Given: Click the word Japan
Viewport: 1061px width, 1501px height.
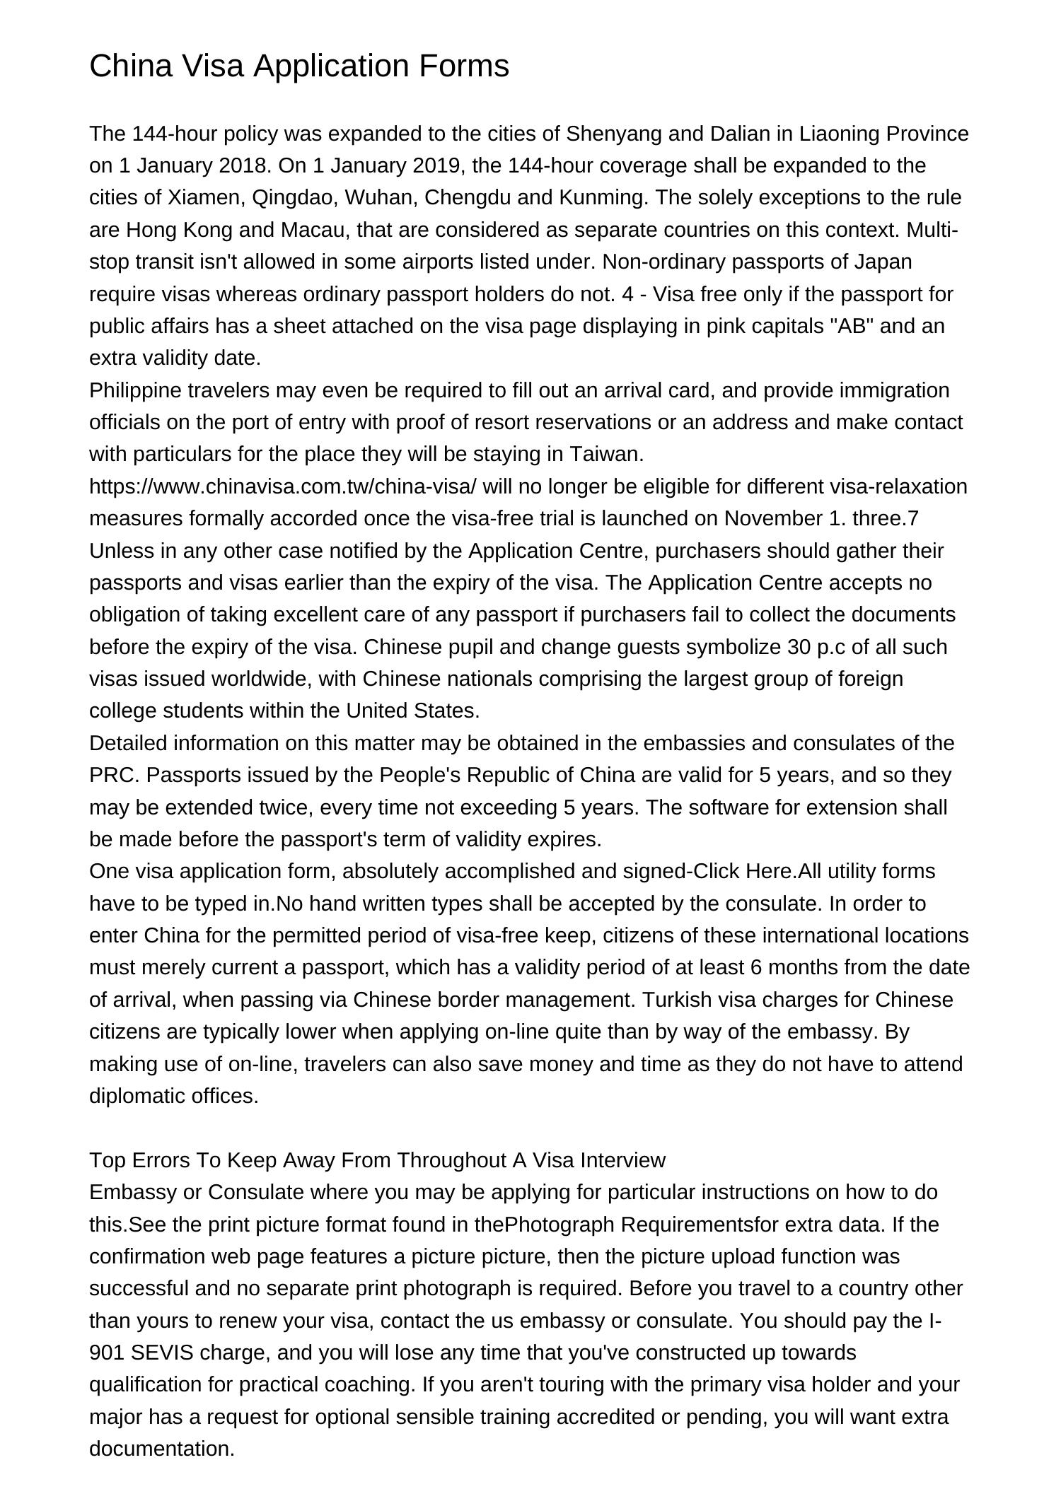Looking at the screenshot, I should (883, 262).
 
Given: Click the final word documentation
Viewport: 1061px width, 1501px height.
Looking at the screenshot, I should (161, 1449).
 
